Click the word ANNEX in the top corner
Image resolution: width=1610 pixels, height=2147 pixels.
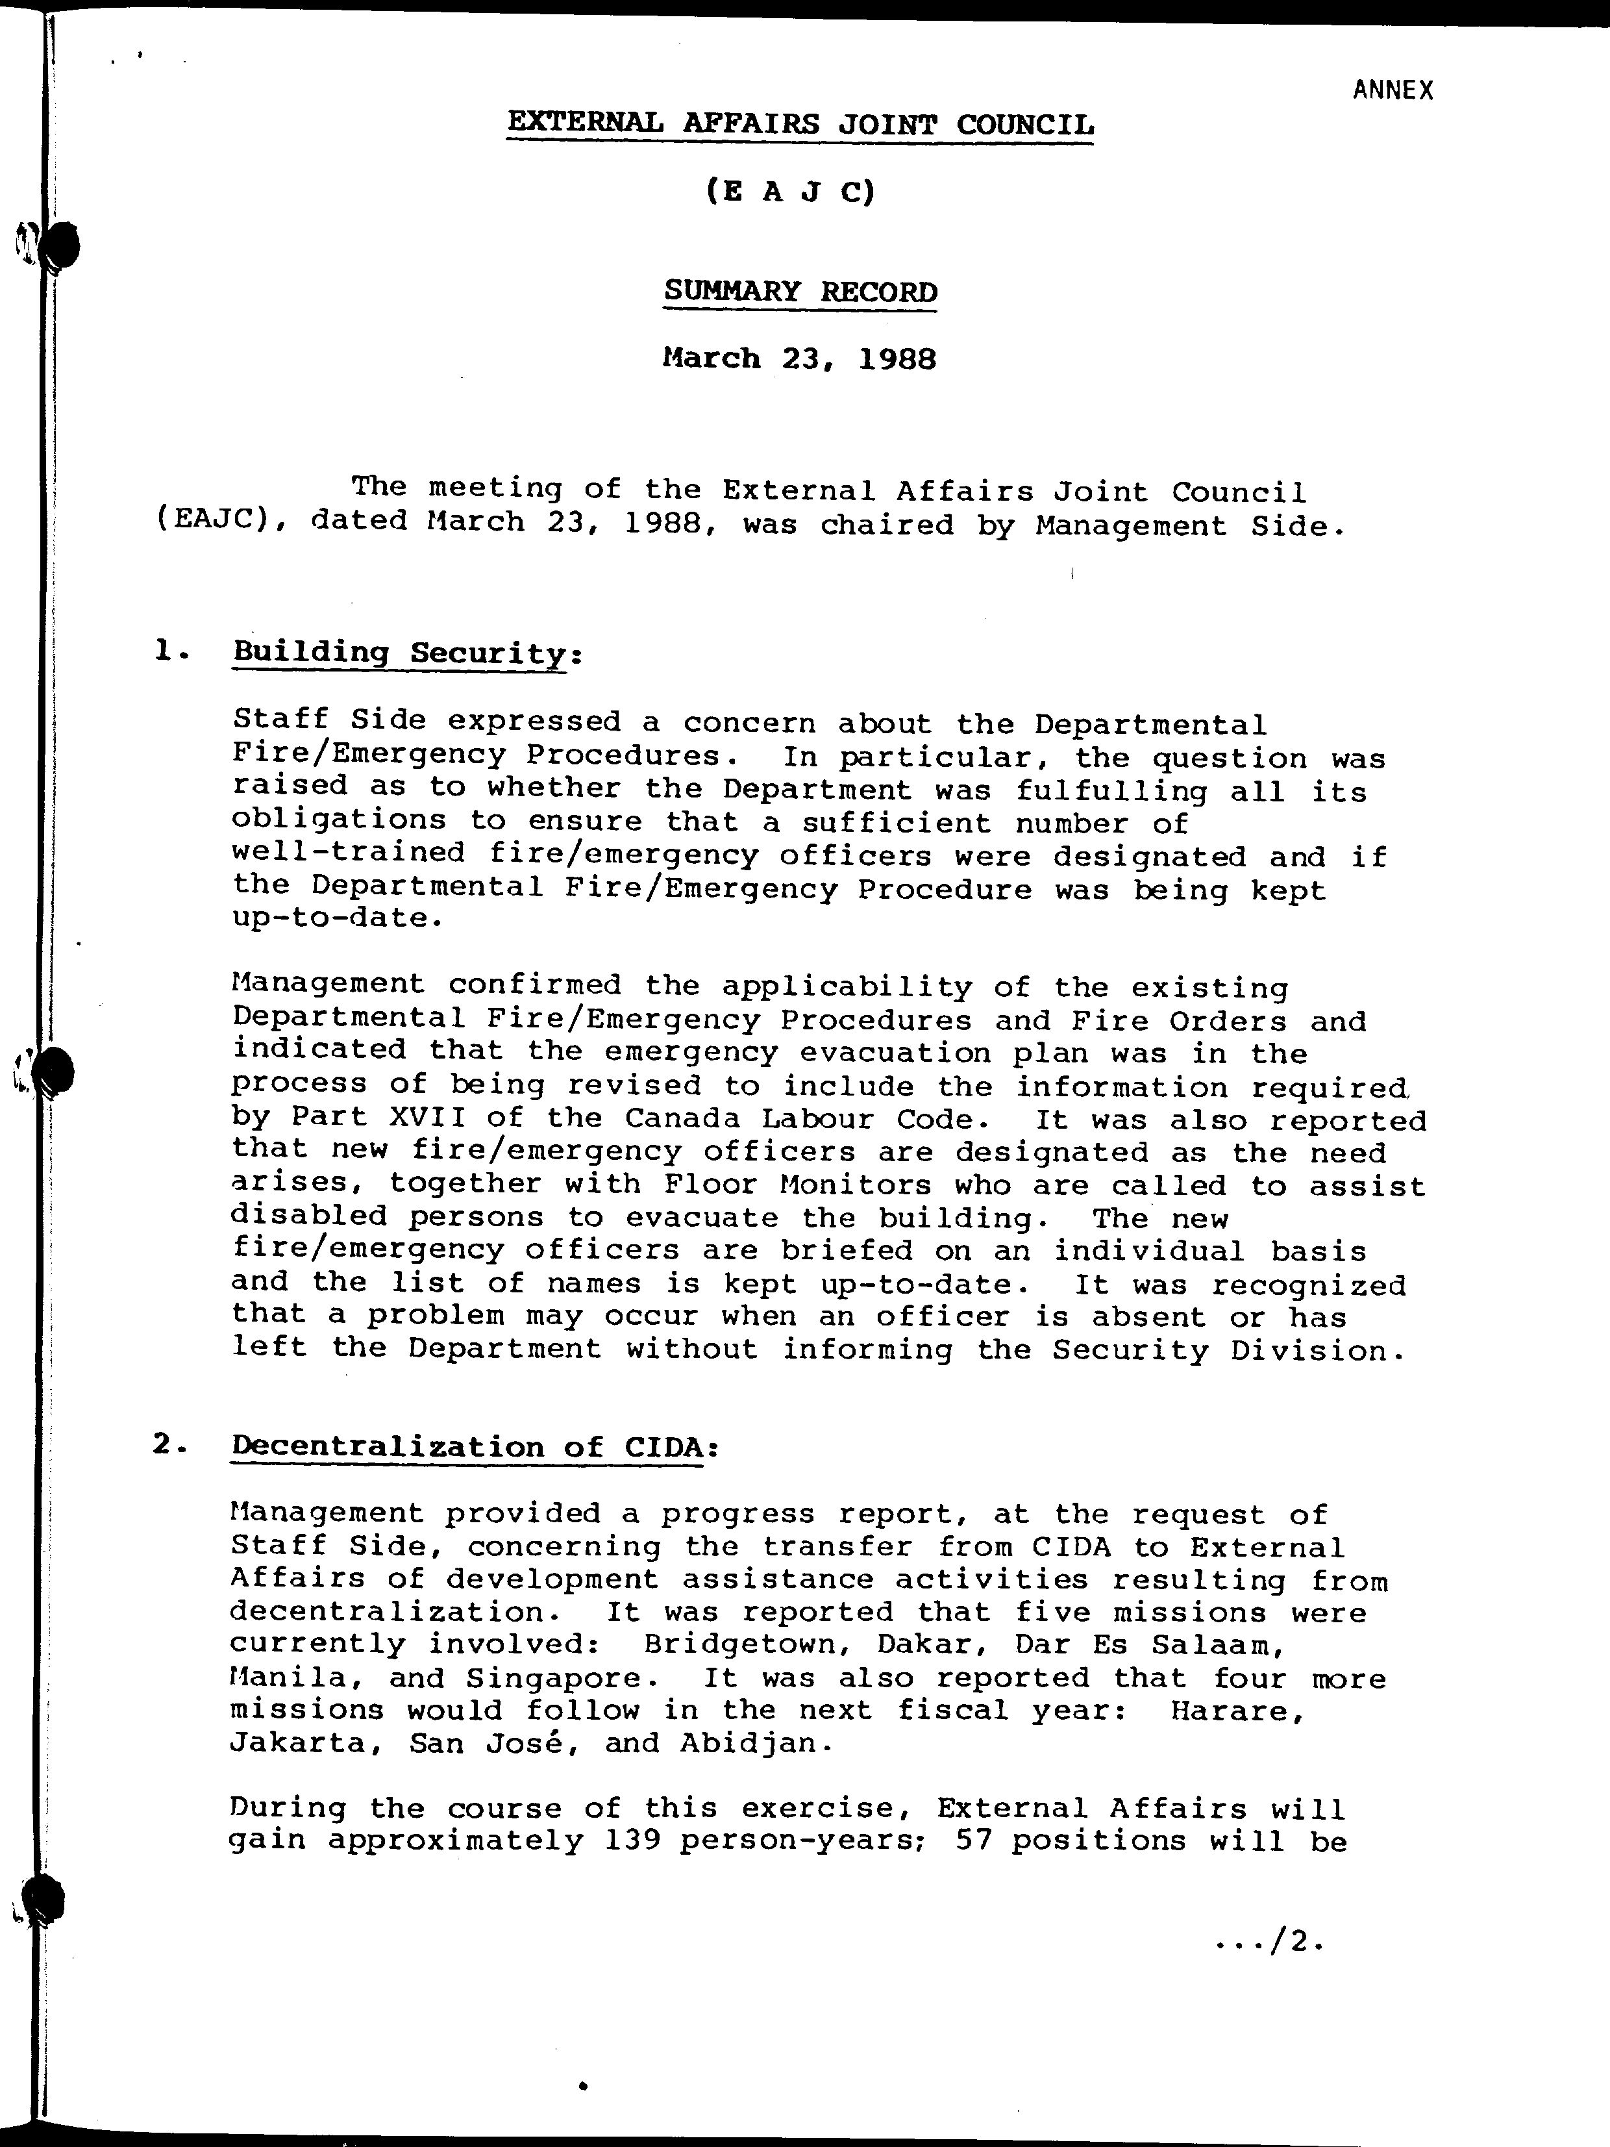[x=1393, y=91]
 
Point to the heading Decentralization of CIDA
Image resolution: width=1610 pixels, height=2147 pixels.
[x=466, y=1447]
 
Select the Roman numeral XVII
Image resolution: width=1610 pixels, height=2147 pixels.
[x=427, y=1119]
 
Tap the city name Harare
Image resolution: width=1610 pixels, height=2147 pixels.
[x=1236, y=1711]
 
